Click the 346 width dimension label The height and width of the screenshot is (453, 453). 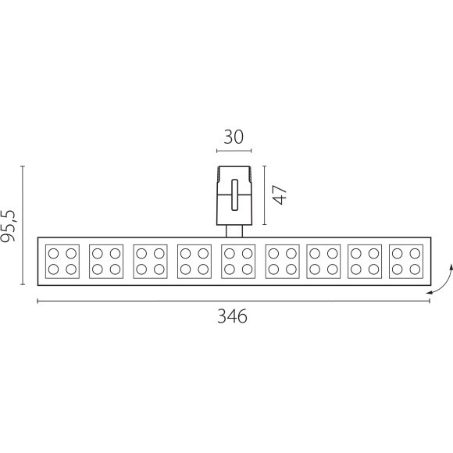click(x=232, y=316)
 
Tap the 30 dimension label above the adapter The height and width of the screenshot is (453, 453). click(x=234, y=137)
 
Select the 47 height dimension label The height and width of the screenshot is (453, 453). click(x=280, y=194)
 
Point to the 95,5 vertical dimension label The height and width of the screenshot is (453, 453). click(x=8, y=226)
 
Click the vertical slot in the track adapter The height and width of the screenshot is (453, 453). click(x=234, y=194)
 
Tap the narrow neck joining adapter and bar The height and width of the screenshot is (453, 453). click(x=234, y=231)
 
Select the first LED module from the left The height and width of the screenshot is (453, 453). click(x=62, y=262)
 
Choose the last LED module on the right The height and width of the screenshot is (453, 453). click(x=406, y=262)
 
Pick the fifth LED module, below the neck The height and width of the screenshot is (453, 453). click(x=238, y=262)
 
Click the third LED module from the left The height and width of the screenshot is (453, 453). click(x=150, y=262)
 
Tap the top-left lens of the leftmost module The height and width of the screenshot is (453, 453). click(x=53, y=253)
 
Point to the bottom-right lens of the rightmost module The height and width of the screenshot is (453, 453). click(x=415, y=269)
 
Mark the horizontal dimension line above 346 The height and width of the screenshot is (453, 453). click(x=234, y=301)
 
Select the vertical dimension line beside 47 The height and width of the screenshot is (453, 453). click(x=264, y=195)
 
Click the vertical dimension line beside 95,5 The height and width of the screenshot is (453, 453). click(x=23, y=226)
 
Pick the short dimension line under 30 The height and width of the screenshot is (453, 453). click(x=234, y=151)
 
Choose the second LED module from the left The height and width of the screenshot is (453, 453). click(x=106, y=262)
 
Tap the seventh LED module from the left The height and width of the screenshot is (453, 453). click(x=323, y=262)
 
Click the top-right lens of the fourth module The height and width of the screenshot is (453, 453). click(x=203, y=253)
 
